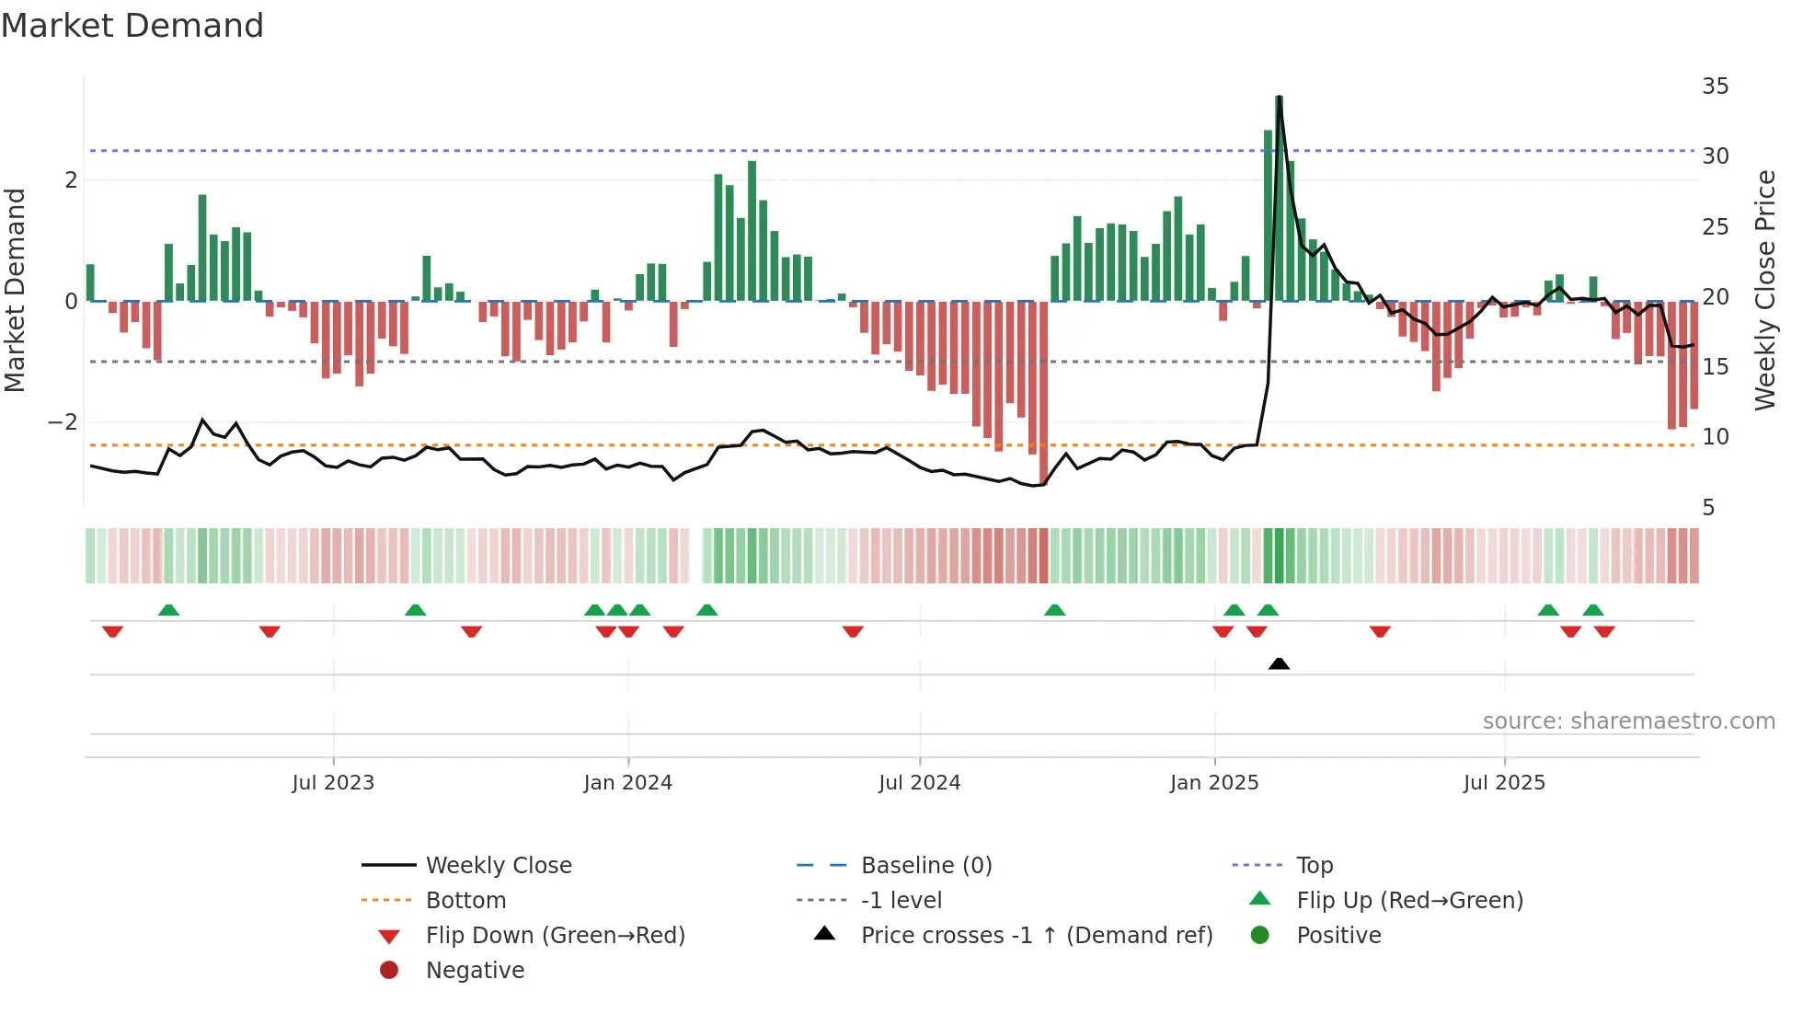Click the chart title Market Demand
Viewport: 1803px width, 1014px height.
pos(132,26)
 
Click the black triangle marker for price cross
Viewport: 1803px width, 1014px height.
pos(1279,663)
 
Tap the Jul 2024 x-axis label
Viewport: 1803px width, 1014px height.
pos(919,783)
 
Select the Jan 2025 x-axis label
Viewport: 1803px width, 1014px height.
pos(1214,783)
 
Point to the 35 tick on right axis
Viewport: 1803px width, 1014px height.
pos(1715,86)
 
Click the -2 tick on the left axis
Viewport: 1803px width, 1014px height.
pos(63,422)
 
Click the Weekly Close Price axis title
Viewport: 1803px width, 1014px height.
pos(1764,290)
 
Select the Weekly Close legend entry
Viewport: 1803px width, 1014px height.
pos(498,866)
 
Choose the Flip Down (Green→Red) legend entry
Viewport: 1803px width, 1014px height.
pos(555,936)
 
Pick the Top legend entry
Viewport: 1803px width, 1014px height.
pos(1314,866)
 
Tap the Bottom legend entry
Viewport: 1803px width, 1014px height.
pos(465,901)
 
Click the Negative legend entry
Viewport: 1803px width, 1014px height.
pos(475,971)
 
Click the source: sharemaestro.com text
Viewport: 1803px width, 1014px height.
pos(1628,721)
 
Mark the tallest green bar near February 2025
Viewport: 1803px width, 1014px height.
pos(1279,198)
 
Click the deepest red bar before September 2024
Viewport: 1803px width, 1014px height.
pos(1043,391)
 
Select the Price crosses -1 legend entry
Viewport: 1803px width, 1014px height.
pos(1036,936)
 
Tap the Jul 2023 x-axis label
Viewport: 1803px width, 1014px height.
pos(333,783)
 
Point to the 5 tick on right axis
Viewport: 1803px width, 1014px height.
pos(1708,508)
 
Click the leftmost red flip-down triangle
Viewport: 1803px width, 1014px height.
pos(112,631)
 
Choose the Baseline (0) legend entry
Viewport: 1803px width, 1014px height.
pos(925,866)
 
